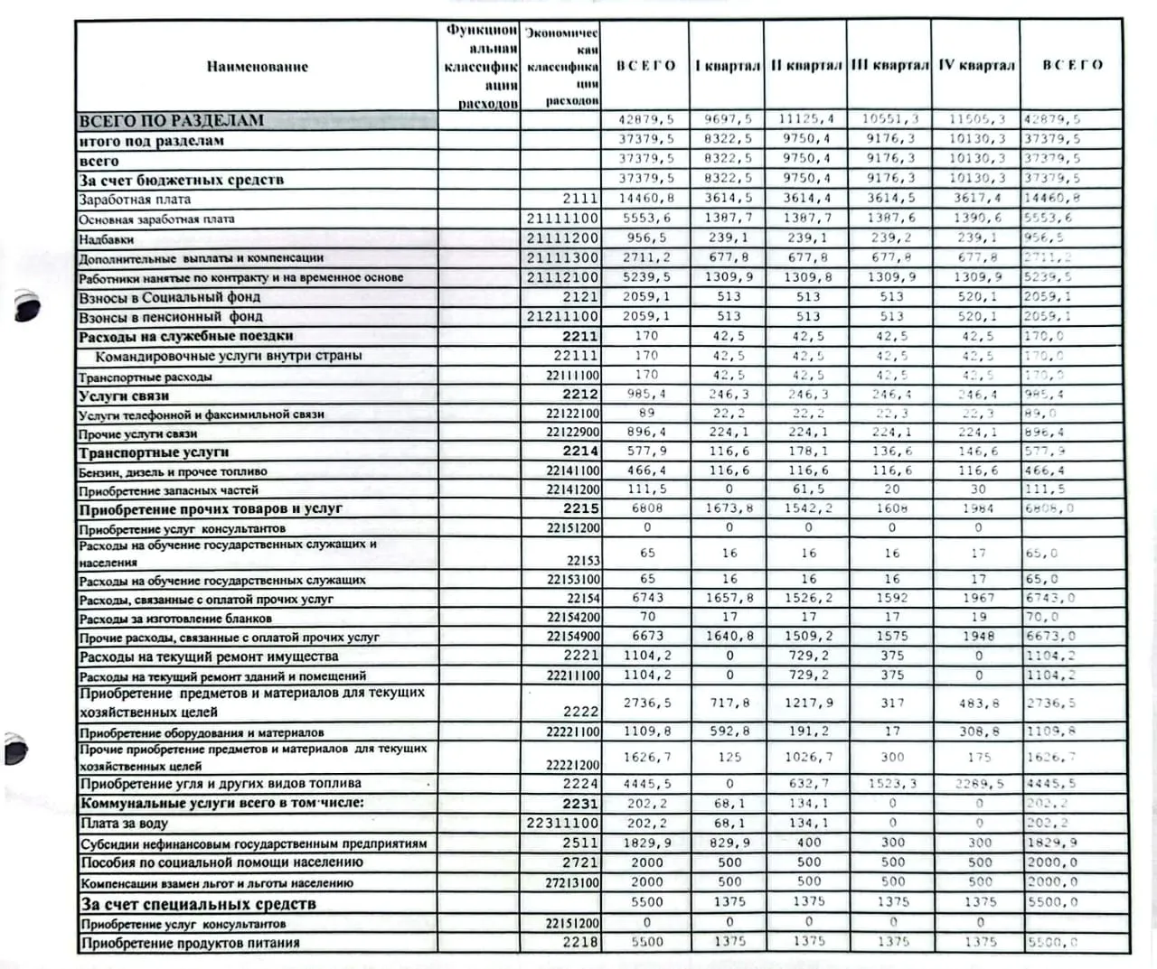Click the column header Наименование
257,66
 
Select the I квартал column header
728,65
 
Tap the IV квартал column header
976,65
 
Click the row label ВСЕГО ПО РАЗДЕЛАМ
172,120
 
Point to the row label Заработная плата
135,200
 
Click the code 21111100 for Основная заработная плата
562,219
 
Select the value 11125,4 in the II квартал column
806,119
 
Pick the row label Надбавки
107,239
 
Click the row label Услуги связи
124,396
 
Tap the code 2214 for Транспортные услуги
580,451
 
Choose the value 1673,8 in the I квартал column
729,508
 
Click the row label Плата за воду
124,823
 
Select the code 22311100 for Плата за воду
562,823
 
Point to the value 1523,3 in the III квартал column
892,784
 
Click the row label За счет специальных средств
199,904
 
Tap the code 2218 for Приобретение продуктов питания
580,942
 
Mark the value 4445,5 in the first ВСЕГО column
647,784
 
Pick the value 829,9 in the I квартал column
729,843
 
